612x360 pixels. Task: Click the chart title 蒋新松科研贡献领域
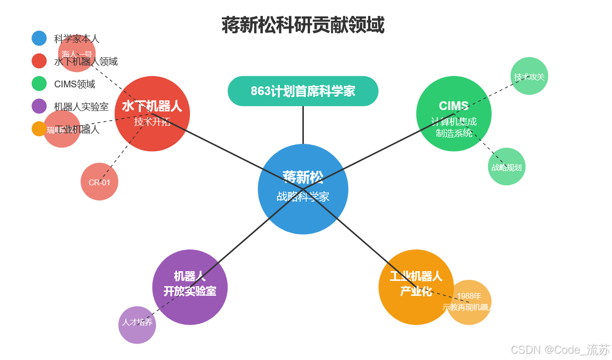click(x=303, y=25)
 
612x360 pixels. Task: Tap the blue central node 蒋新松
click(x=303, y=189)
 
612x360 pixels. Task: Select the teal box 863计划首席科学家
click(x=303, y=91)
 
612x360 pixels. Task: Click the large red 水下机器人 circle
click(x=152, y=113)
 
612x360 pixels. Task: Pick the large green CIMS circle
click(x=454, y=113)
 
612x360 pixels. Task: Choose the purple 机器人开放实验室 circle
click(x=190, y=287)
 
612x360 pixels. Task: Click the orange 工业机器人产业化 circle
click(x=416, y=287)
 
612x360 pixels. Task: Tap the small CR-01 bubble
click(x=99, y=182)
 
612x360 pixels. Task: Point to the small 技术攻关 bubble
click(x=529, y=76)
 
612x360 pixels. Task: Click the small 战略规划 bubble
click(x=506, y=167)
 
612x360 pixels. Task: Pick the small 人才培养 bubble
click(x=137, y=325)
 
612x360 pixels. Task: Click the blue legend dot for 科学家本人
click(x=39, y=39)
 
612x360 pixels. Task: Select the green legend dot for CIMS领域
click(x=39, y=83)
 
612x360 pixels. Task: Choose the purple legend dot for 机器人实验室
click(x=39, y=106)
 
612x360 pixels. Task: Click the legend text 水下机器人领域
click(x=86, y=61)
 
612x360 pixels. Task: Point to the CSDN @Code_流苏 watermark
click(x=560, y=349)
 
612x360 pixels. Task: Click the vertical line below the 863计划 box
click(x=303, y=125)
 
